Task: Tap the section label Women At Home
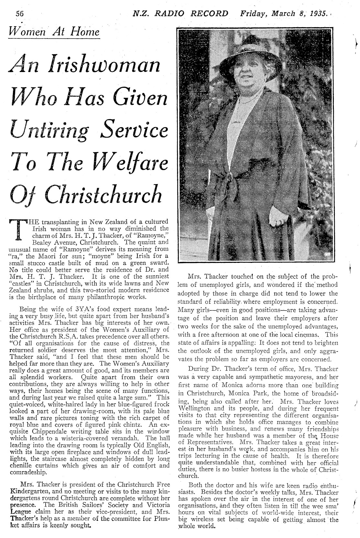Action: coord(54,32)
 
